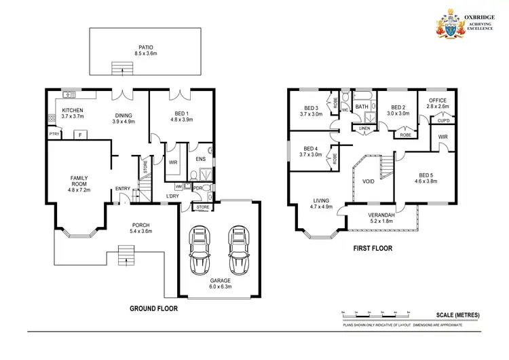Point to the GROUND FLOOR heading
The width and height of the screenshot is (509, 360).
point(153,308)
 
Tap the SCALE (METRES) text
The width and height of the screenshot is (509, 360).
point(457,314)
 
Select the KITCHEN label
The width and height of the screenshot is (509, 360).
point(73,110)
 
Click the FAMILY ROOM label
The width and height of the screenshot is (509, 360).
point(80,181)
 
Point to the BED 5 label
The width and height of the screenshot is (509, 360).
point(425,175)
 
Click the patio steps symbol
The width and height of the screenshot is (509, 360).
point(121,67)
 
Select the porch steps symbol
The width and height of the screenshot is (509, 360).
point(125,257)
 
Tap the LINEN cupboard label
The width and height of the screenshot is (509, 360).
point(364,128)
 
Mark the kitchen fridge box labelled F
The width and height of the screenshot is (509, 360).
point(81,134)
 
